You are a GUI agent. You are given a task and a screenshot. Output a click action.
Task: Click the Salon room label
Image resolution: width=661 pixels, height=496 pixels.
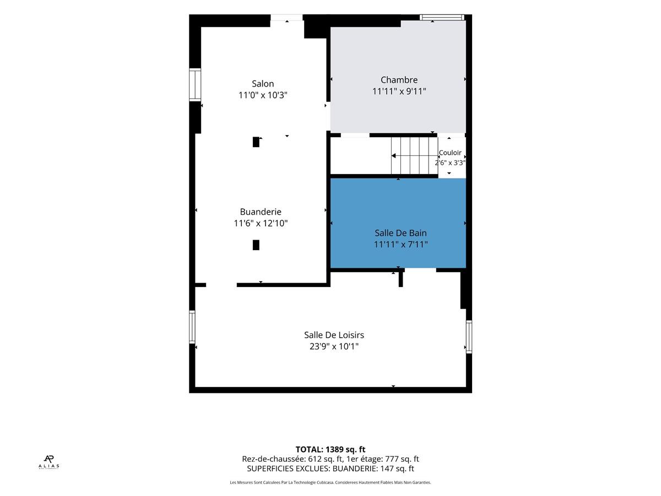[263, 83]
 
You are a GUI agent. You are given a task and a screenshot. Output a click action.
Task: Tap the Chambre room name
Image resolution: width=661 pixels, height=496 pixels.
[399, 80]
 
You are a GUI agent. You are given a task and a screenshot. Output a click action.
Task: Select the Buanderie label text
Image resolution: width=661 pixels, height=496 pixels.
[261, 212]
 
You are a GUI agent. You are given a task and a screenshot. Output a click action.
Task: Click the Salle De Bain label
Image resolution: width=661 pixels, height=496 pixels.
[400, 233]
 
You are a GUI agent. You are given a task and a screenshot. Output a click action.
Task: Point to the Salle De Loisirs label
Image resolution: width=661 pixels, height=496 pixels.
[334, 335]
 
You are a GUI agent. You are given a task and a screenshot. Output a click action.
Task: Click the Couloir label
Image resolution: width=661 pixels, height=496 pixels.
[450, 153]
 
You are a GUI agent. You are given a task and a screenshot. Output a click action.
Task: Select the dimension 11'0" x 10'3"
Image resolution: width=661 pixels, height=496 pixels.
[263, 95]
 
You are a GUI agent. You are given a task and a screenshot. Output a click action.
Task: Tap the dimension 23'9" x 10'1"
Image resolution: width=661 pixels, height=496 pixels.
[334, 346]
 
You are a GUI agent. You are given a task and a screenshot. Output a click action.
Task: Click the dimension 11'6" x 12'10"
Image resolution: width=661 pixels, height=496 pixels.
[261, 223]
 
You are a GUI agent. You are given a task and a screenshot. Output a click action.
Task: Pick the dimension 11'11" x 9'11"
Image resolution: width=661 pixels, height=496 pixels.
[399, 91]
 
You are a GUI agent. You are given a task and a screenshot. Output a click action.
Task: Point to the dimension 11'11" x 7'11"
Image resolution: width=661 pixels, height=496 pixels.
[401, 244]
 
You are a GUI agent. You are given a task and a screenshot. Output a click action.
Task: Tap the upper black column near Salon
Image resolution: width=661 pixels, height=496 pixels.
[256, 142]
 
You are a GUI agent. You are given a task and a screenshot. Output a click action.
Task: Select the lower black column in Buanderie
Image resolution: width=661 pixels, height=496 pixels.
[256, 245]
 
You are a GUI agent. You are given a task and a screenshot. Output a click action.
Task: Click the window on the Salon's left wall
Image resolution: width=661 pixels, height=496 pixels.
[195, 85]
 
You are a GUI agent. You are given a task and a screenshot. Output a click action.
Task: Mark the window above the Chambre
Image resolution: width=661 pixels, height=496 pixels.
[442, 17]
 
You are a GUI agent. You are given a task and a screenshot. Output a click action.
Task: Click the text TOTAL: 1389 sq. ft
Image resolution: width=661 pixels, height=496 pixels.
[330, 449]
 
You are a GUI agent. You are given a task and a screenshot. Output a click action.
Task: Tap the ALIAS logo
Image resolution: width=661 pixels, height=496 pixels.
[49, 462]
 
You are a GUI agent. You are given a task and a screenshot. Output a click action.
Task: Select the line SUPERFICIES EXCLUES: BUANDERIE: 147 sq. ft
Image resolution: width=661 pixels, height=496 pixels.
[330, 468]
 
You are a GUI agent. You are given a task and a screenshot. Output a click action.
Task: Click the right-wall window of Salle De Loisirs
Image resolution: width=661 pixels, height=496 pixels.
[469, 337]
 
